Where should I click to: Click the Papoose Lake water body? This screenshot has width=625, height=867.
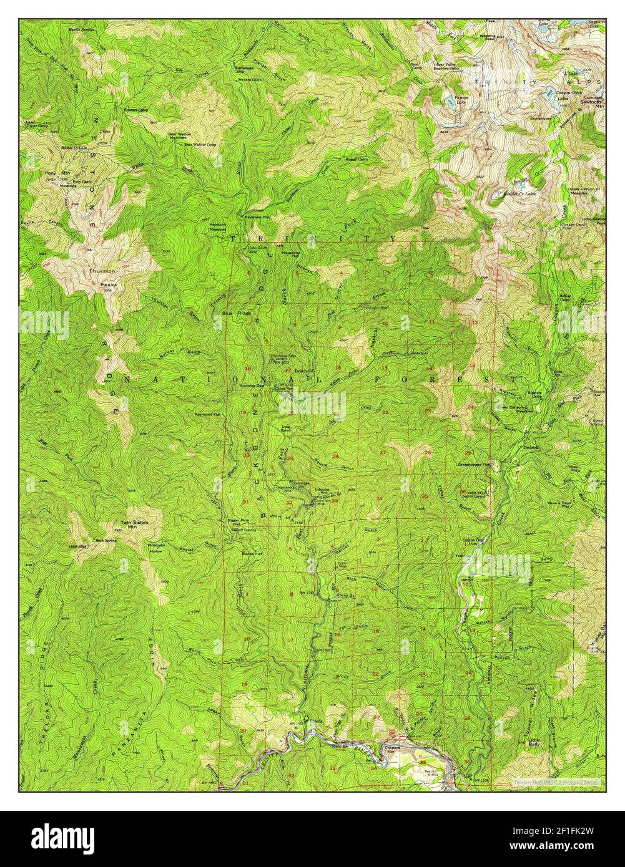448,100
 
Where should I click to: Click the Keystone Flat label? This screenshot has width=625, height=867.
257,218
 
